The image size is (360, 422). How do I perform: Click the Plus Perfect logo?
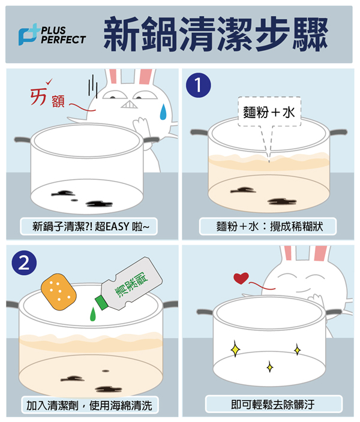[x=52, y=34]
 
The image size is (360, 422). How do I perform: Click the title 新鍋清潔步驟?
[x=215, y=34]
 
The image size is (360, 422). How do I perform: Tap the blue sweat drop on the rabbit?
[x=163, y=111]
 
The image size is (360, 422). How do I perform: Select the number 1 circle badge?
[x=199, y=85]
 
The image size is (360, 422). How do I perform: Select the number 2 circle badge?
[x=24, y=263]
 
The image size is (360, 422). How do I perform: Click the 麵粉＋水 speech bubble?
[x=269, y=111]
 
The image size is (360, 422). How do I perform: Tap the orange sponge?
[x=59, y=292]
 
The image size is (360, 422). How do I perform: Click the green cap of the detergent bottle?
[x=101, y=302]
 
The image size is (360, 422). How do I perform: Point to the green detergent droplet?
[x=92, y=314]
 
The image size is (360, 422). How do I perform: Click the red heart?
[x=241, y=278]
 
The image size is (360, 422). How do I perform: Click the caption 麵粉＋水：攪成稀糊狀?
[x=269, y=227]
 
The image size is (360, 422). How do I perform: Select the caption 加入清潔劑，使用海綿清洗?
[x=89, y=405]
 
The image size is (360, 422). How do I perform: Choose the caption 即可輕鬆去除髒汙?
[x=272, y=404]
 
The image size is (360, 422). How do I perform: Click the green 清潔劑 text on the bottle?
[x=131, y=285]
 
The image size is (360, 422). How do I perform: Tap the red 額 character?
[x=58, y=101]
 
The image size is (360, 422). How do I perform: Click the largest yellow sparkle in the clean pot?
[x=235, y=349]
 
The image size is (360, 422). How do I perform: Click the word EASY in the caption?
[x=118, y=227]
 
